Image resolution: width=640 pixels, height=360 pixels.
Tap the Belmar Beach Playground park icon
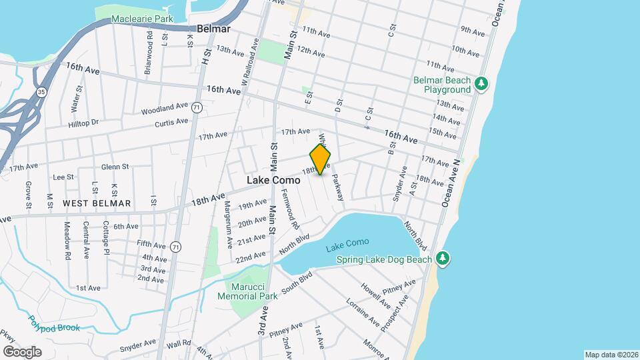coord(482,84)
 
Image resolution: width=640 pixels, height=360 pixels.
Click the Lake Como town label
coord(273,180)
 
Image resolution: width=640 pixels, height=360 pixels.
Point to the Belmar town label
coord(213,29)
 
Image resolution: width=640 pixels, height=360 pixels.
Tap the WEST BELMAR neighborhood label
coord(97,203)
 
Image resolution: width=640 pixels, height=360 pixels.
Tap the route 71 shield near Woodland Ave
coord(196,107)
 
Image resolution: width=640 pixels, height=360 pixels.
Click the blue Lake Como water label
coord(347,248)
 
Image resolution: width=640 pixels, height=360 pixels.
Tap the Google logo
coord(22,351)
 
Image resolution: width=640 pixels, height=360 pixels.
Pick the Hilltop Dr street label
coord(83,123)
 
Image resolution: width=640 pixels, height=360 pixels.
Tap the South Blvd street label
coord(297,283)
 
